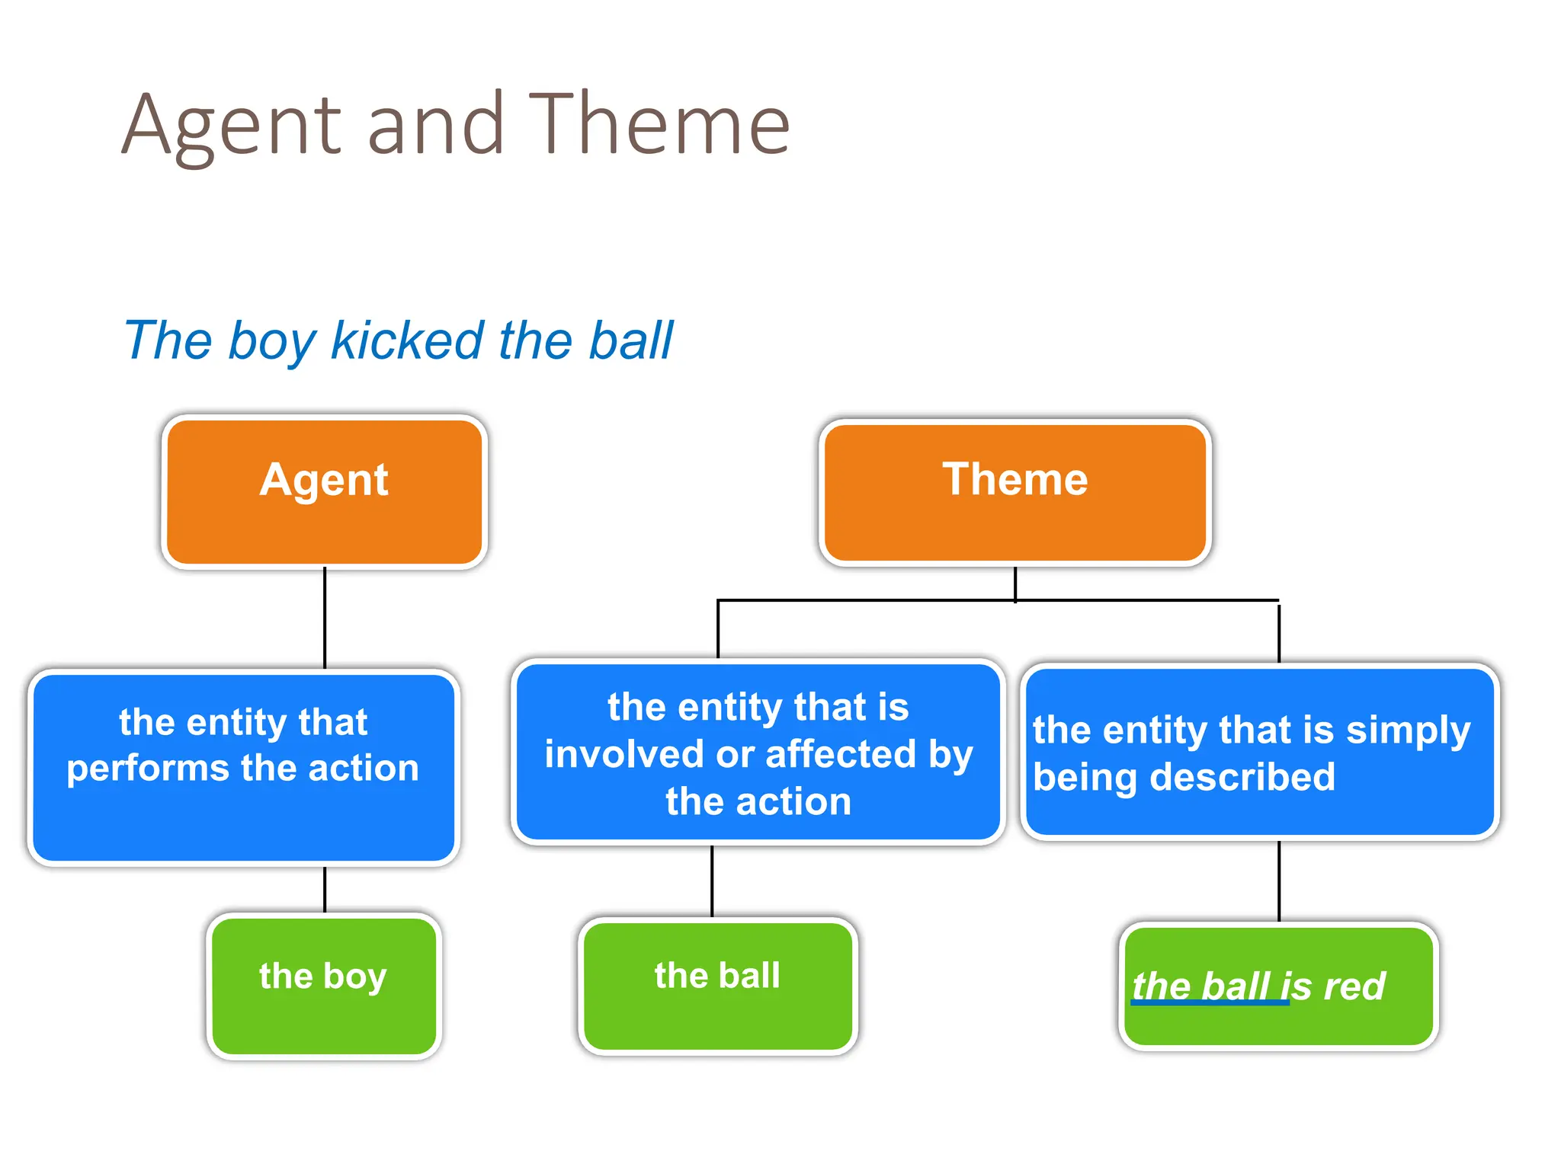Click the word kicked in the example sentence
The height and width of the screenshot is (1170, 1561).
[x=407, y=340]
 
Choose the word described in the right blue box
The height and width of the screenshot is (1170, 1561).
[x=1242, y=778]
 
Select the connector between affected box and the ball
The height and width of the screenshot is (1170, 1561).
[x=712, y=881]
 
